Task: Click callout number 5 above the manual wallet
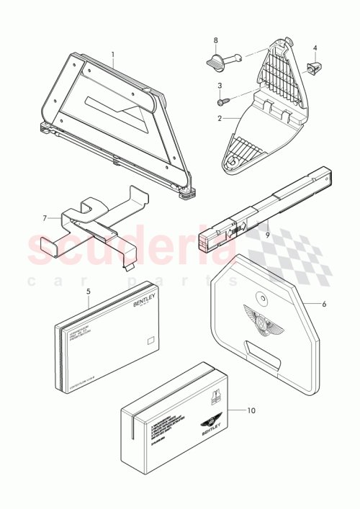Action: coord(89,292)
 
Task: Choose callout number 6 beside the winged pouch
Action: coord(324,304)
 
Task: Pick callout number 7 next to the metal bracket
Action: coord(44,217)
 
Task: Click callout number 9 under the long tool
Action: coord(266,234)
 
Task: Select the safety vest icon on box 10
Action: coord(214,396)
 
